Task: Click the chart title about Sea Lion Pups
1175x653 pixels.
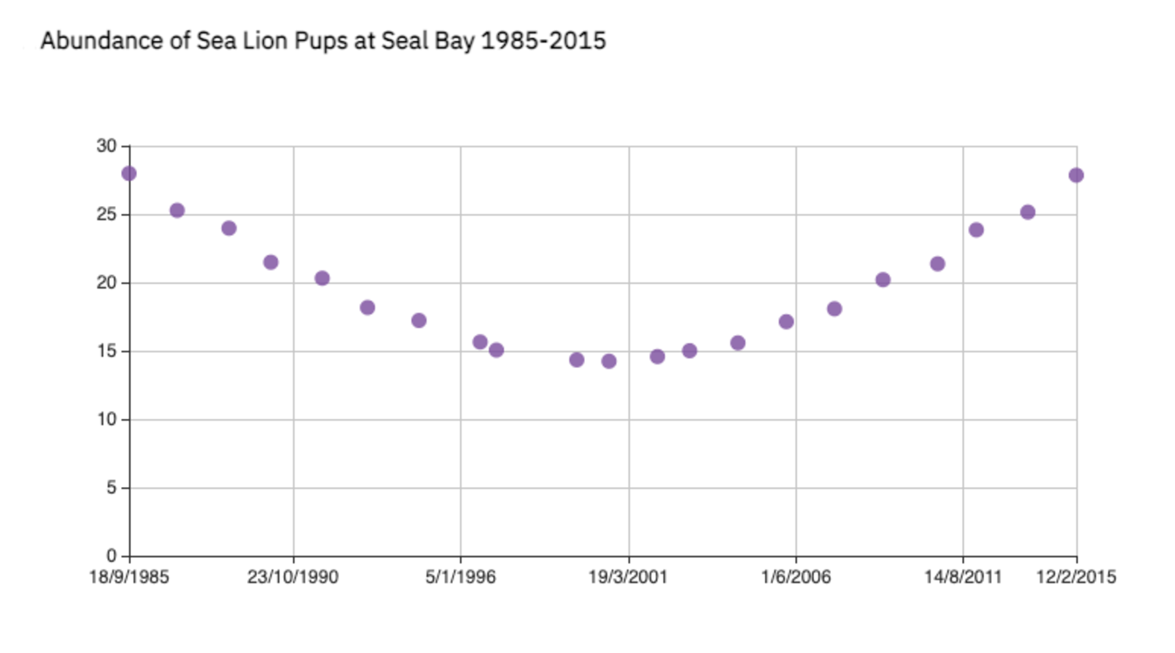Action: tap(323, 41)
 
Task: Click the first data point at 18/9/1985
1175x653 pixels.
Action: tap(129, 174)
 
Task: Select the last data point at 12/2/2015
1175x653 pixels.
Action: tap(1076, 175)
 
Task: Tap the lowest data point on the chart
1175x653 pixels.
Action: tap(609, 361)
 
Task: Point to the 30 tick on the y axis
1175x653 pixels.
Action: tap(106, 146)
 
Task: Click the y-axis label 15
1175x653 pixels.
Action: tap(106, 352)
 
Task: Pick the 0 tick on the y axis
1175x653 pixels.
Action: tap(111, 557)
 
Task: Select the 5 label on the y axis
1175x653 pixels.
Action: tap(111, 489)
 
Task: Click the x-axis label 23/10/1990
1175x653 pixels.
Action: tap(293, 577)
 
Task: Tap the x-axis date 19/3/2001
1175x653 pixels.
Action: tap(628, 577)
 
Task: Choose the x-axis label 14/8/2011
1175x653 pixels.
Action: tap(963, 577)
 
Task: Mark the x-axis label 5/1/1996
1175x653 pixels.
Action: tap(461, 577)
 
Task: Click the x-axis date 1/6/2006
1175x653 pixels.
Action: tap(796, 577)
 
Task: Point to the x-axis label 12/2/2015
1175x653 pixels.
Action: tap(1076, 577)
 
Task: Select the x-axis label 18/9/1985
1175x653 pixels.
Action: tap(129, 577)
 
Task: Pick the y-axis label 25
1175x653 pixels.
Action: tap(106, 215)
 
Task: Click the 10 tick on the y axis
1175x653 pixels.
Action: tap(106, 420)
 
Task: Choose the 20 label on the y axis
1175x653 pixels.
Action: tap(106, 284)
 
